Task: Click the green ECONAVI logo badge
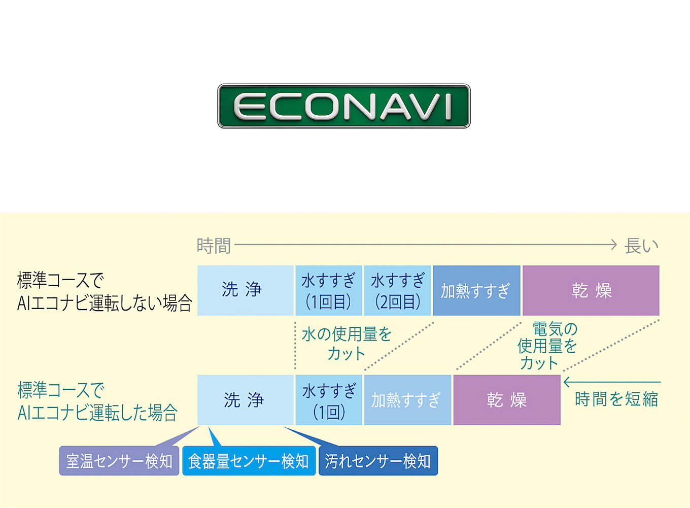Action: pyautogui.click(x=344, y=106)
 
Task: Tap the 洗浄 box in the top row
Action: pyautogui.click(x=245, y=290)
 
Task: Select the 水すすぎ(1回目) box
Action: pyautogui.click(x=329, y=290)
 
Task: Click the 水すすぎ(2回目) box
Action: pyautogui.click(x=397, y=290)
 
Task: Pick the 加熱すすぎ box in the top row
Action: pyautogui.click(x=476, y=290)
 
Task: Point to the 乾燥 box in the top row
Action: pyautogui.click(x=591, y=290)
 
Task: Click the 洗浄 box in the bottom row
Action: pyautogui.click(x=245, y=400)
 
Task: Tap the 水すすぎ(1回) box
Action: pyautogui.click(x=329, y=400)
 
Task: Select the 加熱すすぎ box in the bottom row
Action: pyautogui.click(x=407, y=400)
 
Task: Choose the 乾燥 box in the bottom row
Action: pyautogui.click(x=507, y=400)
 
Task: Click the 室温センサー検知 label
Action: pyautogui.click(x=119, y=461)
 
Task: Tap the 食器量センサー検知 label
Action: pyautogui.click(x=249, y=461)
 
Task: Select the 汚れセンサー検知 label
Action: pyautogui.click(x=378, y=461)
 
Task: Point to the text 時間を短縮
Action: pyautogui.click(x=616, y=399)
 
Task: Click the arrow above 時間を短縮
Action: pyautogui.click(x=612, y=382)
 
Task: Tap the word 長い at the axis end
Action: pyautogui.click(x=641, y=246)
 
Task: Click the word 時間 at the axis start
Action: pyautogui.click(x=214, y=246)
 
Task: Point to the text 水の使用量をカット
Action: pyautogui.click(x=346, y=344)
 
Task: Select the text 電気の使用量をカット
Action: pyautogui.click(x=547, y=346)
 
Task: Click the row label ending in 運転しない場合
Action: pyautogui.click(x=105, y=291)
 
